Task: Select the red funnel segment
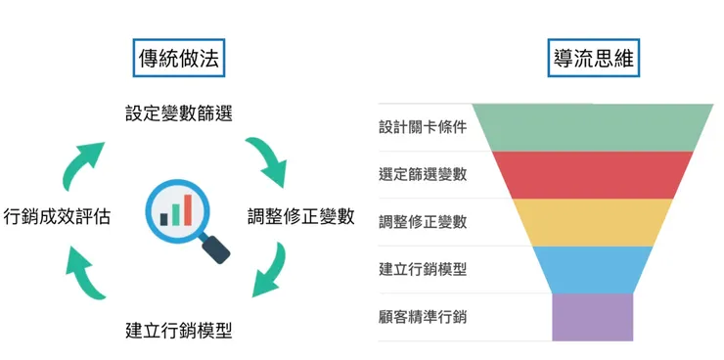coord(593,174)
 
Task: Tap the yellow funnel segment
coord(593,221)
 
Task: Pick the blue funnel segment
coord(593,268)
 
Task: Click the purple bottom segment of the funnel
coord(593,316)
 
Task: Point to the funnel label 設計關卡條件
coord(423,128)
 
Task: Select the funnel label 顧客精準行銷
coord(423,316)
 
